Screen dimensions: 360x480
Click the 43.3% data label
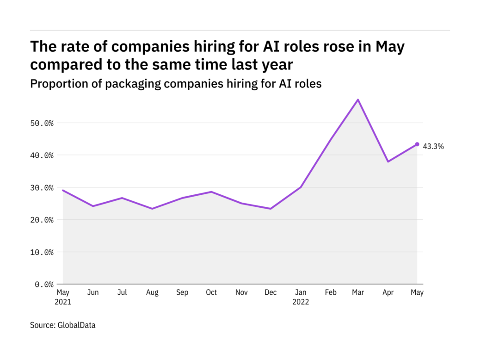pos(433,147)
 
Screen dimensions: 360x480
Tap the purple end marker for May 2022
pos(417,144)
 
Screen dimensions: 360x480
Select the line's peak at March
pos(358,99)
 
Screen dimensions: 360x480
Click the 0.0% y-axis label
pos(45,284)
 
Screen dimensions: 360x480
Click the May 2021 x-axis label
pos(63,297)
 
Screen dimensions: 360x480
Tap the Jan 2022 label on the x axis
pos(301,297)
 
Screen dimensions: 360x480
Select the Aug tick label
pos(152,293)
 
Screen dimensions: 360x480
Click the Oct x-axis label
pos(211,293)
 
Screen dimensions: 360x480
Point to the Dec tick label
pos(271,293)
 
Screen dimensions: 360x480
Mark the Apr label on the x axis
pos(388,293)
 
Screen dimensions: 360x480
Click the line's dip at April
pos(388,161)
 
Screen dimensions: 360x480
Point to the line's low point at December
pos(271,209)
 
